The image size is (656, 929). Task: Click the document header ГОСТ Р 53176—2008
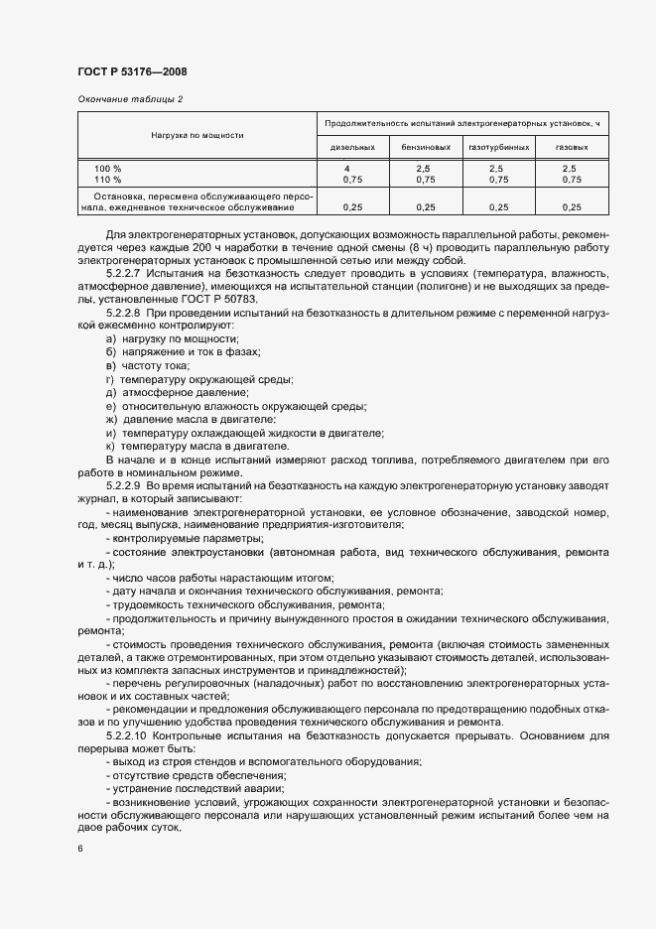[x=131, y=72]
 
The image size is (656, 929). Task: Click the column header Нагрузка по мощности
[x=197, y=134]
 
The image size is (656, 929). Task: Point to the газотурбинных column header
[x=497, y=147]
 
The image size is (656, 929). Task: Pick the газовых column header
[x=572, y=147]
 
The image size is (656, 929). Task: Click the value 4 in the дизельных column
[x=346, y=168]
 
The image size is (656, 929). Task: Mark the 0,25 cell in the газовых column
[x=572, y=207]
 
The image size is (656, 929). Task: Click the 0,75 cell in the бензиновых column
[x=425, y=180]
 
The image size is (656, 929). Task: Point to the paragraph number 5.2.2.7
[x=124, y=271]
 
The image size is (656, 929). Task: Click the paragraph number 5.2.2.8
[x=124, y=312]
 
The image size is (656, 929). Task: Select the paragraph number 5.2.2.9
[x=124, y=487]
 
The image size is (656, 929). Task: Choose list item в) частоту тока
[x=147, y=366]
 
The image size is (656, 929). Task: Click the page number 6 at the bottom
[x=79, y=849]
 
